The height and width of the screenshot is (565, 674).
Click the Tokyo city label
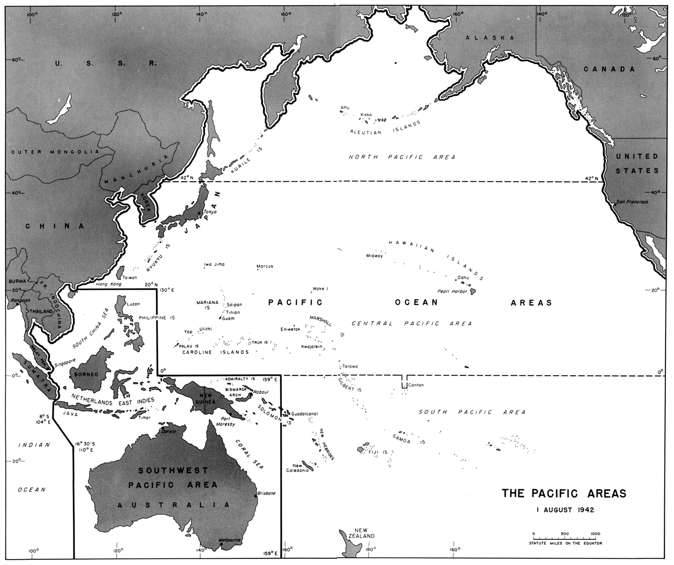pos(211,212)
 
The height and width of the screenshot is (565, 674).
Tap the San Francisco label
pos(631,202)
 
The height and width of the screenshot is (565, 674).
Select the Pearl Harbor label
pos(452,292)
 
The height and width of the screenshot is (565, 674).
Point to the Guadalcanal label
pos(304,414)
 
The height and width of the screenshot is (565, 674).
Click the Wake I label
pos(320,289)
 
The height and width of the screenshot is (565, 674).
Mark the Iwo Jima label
pos(214,264)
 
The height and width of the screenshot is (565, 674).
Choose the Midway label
pos(375,256)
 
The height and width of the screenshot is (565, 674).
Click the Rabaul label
pos(260,392)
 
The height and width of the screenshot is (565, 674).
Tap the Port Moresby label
pos(228,421)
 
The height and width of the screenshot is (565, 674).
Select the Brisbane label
pos(266,493)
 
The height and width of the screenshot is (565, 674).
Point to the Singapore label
pos(65,363)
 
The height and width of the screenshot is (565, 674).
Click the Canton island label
pos(416,385)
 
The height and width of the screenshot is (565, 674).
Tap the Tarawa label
pos(350,366)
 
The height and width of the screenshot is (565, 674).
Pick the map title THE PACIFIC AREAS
pos(564,493)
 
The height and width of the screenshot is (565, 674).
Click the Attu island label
pos(345,107)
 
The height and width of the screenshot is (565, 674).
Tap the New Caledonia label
pos(297,468)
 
